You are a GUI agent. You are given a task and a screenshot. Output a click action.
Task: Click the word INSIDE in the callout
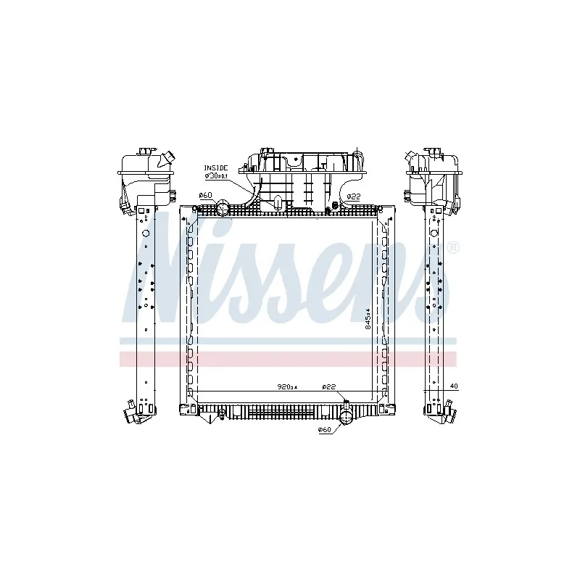pyautogui.click(x=215, y=167)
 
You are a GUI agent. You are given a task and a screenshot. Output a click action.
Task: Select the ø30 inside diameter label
pyautogui.click(x=216, y=175)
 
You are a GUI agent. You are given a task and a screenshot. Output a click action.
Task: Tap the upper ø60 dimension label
pyautogui.click(x=204, y=195)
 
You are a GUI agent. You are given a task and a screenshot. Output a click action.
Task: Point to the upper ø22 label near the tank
pyautogui.click(x=354, y=196)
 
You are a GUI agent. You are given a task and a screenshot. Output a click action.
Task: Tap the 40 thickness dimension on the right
pyautogui.click(x=454, y=386)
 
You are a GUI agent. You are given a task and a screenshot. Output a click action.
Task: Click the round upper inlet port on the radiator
pyautogui.click(x=223, y=209)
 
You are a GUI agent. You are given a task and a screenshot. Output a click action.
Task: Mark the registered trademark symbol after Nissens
pyautogui.click(x=453, y=248)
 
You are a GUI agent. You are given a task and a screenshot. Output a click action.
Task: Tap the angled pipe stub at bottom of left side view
pyautogui.click(x=131, y=415)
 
